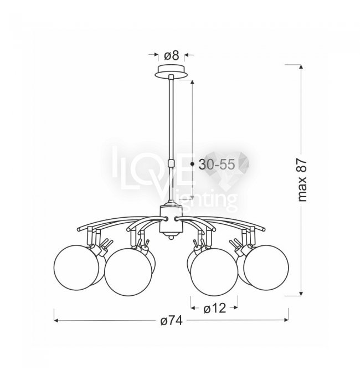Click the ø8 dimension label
point(172,56)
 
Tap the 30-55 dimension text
point(217,165)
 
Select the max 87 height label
point(302,181)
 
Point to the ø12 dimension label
point(214,309)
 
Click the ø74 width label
point(171,321)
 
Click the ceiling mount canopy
point(171,71)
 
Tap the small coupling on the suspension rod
point(171,163)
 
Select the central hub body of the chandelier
point(171,219)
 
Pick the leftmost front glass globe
point(76,268)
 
